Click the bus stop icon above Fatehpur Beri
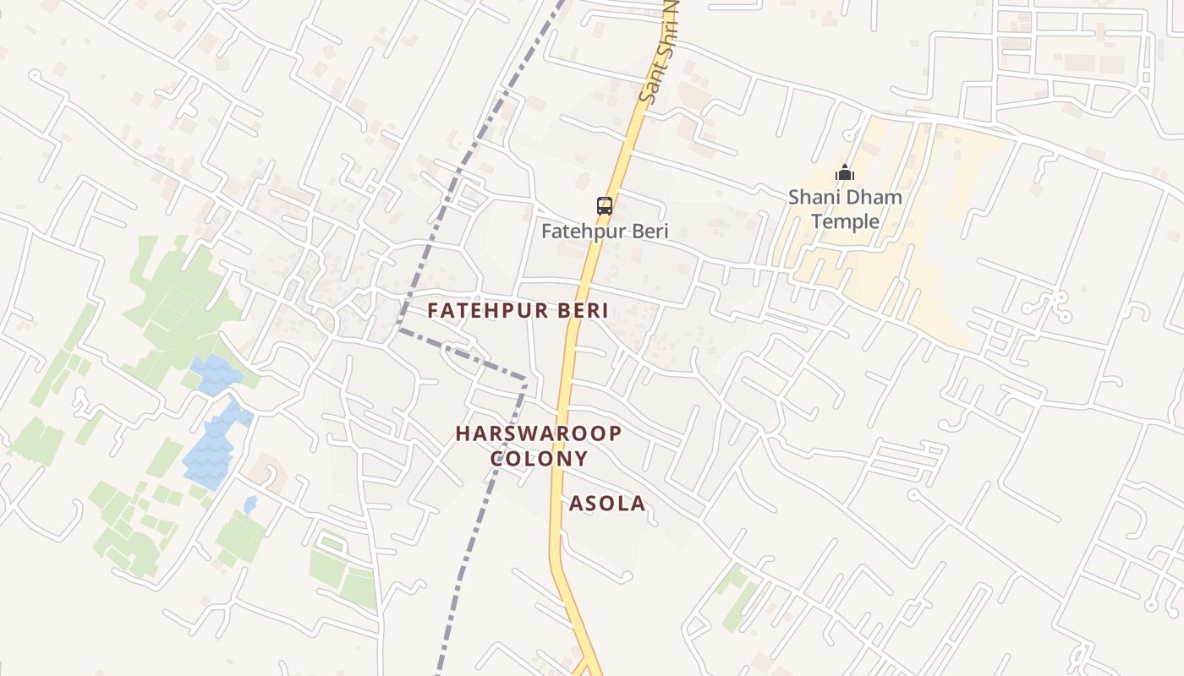click(x=604, y=205)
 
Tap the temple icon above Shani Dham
click(x=844, y=173)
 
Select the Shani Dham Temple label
click(x=845, y=210)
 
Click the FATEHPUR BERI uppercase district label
click(x=518, y=310)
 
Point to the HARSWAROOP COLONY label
click(x=539, y=445)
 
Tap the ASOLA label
click(x=606, y=504)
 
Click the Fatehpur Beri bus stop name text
click(x=604, y=231)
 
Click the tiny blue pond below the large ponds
click(x=250, y=504)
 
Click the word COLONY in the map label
click(x=539, y=459)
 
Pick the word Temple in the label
click(x=845, y=222)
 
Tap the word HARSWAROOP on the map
click(x=539, y=433)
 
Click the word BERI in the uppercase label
click(x=583, y=310)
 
